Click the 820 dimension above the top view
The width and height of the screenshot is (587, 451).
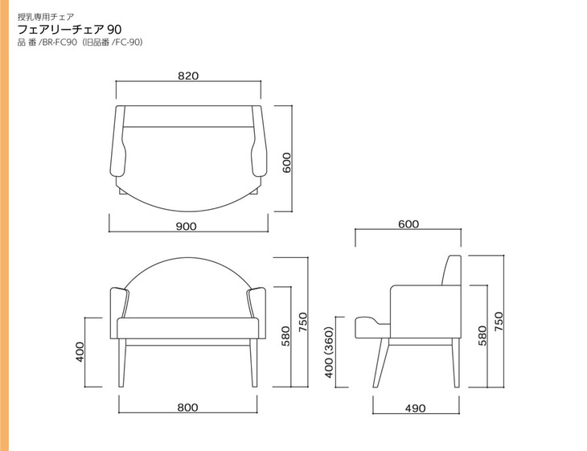188,76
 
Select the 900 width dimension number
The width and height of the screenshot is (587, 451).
186,227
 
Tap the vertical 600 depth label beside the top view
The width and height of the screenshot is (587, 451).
286,162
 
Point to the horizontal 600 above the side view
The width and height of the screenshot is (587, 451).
408,223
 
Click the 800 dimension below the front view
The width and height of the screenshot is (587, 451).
187,408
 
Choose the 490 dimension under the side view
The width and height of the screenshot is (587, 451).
415,408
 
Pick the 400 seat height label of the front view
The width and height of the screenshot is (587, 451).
80,352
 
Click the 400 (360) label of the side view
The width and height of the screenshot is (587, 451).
329,352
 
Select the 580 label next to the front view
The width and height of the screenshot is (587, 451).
285,336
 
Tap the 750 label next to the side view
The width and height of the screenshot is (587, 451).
499,321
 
